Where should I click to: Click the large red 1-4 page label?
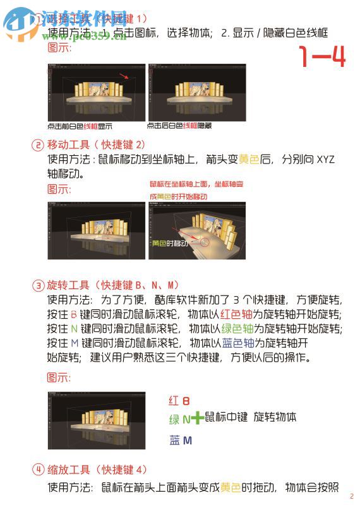pyautogui.click(x=322, y=57)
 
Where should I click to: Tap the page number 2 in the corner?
pyautogui.click(x=351, y=496)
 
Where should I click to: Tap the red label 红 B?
pyautogui.click(x=179, y=401)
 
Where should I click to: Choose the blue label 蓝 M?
pyautogui.click(x=181, y=441)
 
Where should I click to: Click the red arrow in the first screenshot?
pyautogui.click(x=127, y=77)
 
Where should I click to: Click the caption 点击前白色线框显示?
pyautogui.click(x=80, y=126)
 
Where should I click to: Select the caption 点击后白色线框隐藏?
pyautogui.click(x=179, y=126)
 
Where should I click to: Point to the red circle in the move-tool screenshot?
pyautogui.click(x=202, y=241)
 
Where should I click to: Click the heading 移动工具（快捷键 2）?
pyautogui.click(x=97, y=145)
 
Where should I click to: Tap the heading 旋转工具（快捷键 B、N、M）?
pyautogui.click(x=114, y=285)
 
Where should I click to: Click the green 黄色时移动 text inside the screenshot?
pyautogui.click(x=170, y=243)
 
